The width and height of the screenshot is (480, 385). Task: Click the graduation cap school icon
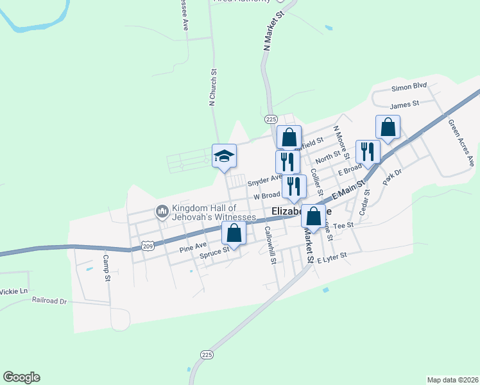point(225,156)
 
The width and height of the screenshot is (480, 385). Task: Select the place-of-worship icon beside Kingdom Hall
point(162,210)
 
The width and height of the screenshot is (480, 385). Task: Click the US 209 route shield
point(148,246)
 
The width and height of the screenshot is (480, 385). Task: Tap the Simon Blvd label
point(409,86)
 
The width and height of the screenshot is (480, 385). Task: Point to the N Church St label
point(212,88)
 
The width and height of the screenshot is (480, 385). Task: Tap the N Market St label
point(272,31)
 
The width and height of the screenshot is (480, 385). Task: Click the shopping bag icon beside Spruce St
point(234,234)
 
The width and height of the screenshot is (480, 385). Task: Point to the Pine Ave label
point(193,245)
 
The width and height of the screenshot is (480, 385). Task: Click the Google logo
point(21,377)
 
